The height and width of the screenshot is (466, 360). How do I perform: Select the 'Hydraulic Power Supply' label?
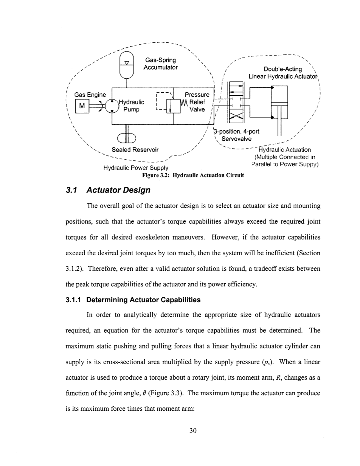136,168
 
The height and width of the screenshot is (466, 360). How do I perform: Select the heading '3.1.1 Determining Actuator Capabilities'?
143,300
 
